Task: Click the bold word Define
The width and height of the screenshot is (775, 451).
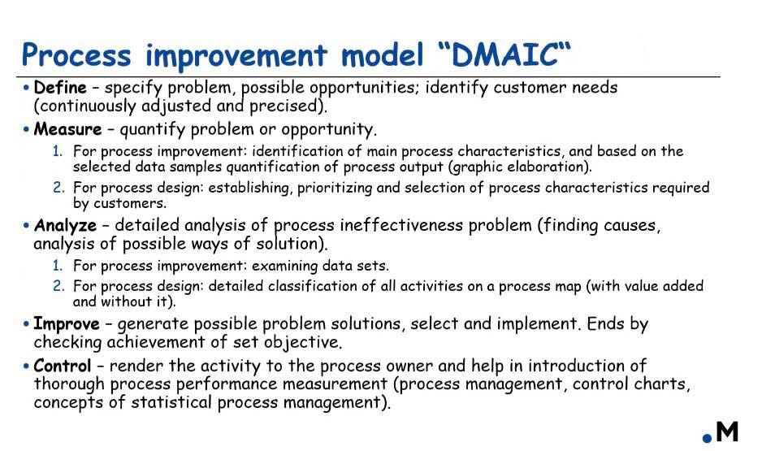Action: pos(60,88)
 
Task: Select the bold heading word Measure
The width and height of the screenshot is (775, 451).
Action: pos(67,129)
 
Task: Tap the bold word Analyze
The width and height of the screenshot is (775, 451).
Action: pos(65,226)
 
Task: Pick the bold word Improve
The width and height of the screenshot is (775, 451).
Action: pos(67,324)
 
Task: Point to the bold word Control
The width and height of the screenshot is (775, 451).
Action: pos(63,366)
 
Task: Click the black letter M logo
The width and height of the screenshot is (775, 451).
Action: pos(727,431)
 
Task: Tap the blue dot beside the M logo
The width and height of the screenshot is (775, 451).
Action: pos(708,438)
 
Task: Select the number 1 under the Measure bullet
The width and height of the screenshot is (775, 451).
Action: pos(58,150)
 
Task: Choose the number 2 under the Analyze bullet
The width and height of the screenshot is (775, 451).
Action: pos(58,285)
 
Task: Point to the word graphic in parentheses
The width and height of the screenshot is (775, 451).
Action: pos(476,167)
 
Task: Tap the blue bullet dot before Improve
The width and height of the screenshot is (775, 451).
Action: pos(26,324)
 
